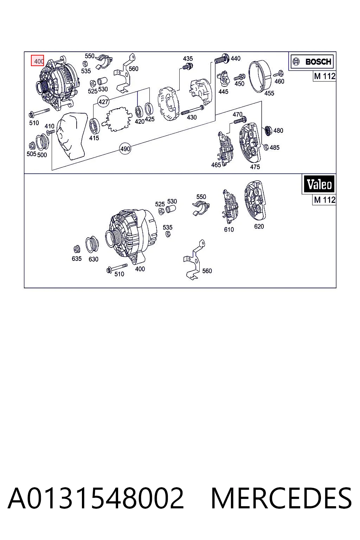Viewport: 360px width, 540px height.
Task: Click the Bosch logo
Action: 312,62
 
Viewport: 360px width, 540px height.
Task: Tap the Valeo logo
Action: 319,184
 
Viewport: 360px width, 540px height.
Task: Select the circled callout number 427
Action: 103,102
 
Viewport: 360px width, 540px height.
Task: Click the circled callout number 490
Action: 125,149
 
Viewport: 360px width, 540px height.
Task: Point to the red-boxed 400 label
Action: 37,60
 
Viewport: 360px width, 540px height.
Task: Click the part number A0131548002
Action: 96,498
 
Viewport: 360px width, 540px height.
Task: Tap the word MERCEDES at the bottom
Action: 281,498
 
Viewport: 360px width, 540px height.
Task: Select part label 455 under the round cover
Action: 269,93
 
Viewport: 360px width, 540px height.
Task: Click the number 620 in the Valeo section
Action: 259,226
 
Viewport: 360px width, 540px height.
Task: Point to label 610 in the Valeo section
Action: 229,230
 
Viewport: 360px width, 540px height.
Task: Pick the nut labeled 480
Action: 268,130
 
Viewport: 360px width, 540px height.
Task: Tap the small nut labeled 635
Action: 77,249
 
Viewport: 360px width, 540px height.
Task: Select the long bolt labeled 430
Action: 192,110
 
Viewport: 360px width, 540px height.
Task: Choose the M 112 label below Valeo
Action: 324,200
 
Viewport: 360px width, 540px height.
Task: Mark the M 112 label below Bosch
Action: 324,76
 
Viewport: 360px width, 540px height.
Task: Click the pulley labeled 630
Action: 92,244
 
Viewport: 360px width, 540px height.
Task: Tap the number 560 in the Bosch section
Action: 133,69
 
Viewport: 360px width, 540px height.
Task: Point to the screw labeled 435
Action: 188,66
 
